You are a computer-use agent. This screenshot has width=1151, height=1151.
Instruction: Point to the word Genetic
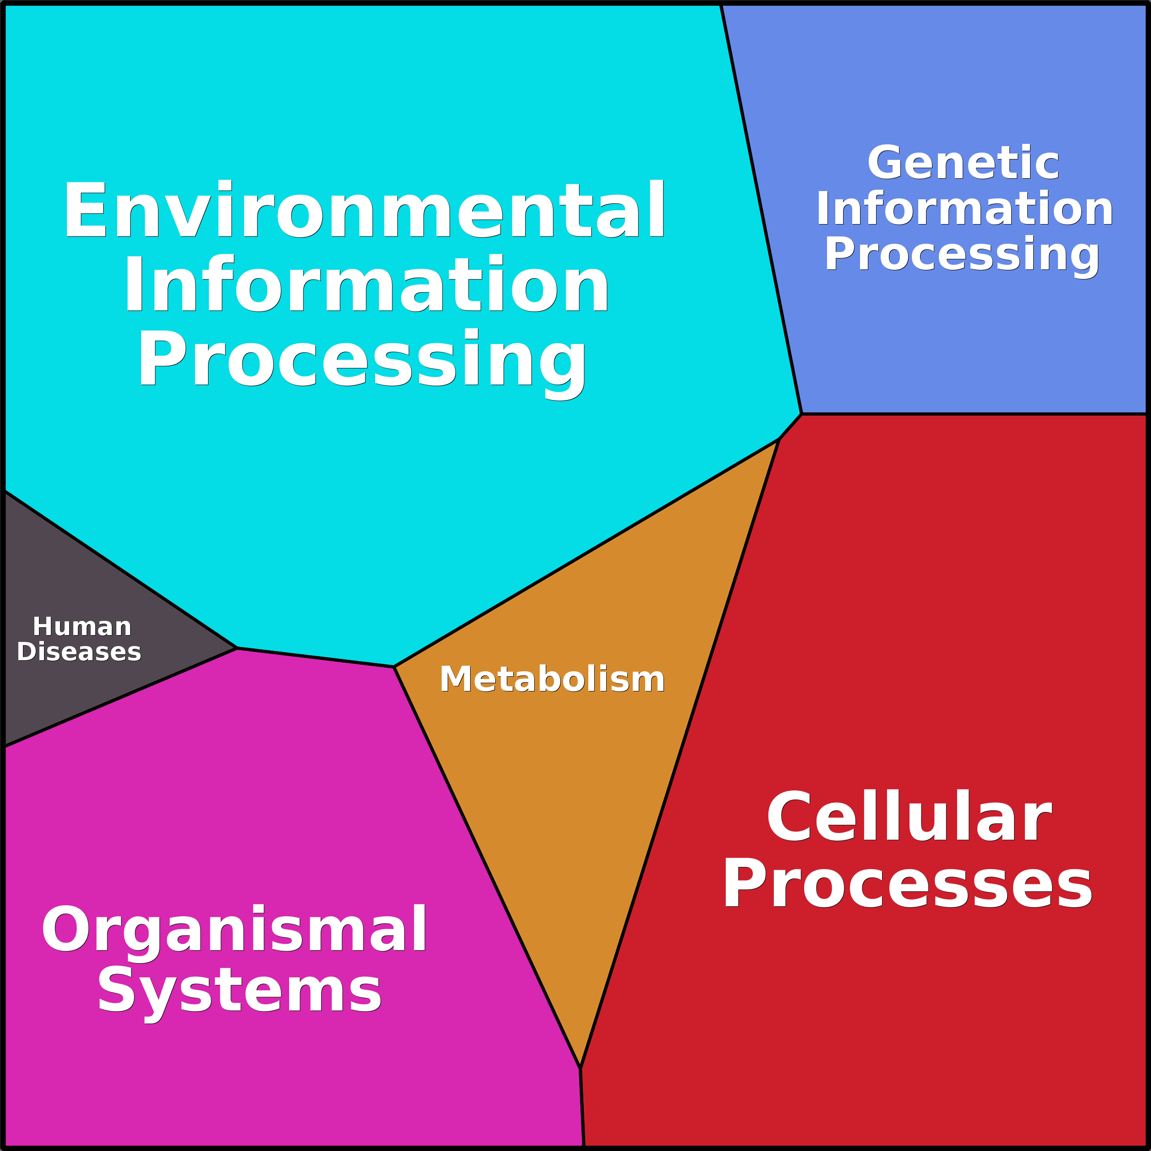pos(963,163)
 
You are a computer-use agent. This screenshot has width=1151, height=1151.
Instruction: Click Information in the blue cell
pos(964,208)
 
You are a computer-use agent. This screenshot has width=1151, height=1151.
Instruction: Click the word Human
pos(82,627)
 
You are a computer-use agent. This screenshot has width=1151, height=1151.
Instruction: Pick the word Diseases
pos(79,652)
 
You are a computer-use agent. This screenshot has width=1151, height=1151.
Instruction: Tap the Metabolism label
pos(552,679)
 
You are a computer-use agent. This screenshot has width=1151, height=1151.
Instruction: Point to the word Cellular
pos(909,817)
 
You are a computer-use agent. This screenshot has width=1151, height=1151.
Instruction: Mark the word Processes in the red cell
pos(907,885)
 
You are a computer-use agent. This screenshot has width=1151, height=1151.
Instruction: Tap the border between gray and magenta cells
pos(119,697)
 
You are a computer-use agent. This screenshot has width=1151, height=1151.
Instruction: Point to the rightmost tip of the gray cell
pos(236,647)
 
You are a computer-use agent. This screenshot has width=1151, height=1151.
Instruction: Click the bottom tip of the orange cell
pos(580,1068)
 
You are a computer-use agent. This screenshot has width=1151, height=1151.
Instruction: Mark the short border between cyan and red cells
pos(790,426)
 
